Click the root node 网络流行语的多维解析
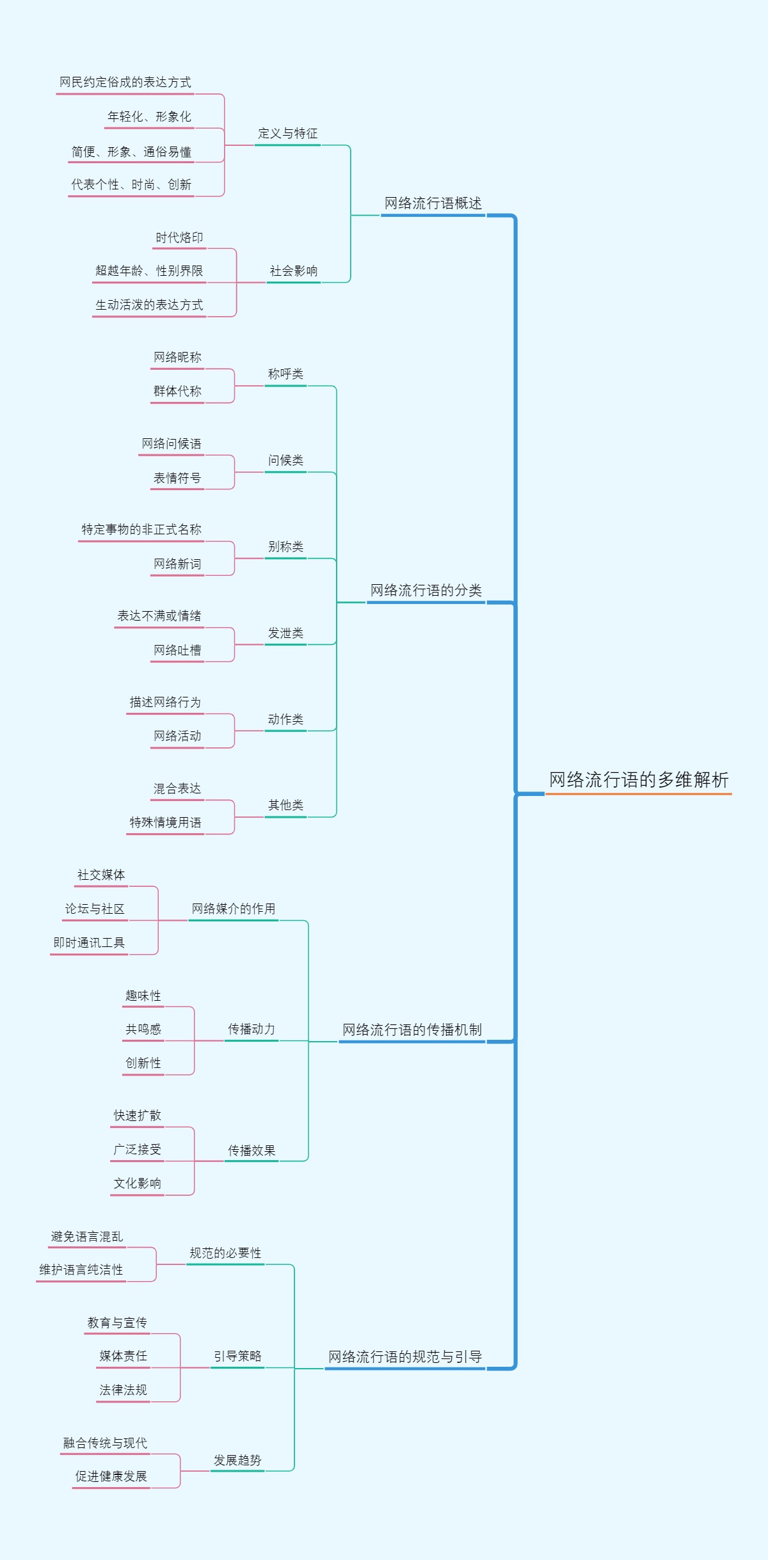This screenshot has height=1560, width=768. (638, 780)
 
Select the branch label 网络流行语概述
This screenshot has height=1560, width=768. (433, 203)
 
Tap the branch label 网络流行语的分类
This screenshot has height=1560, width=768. (426, 591)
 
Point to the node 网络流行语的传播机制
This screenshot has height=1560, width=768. (412, 1030)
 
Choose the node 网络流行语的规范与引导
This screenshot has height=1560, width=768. (404, 1357)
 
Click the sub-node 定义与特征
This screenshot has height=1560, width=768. (287, 134)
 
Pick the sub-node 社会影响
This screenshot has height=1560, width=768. (293, 271)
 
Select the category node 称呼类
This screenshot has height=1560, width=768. (285, 374)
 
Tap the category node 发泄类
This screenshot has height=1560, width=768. (285, 633)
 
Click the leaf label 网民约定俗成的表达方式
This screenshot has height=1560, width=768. (125, 83)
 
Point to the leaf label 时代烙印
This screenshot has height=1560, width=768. (179, 238)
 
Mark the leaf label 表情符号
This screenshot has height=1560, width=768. (177, 478)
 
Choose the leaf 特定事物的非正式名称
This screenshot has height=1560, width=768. (141, 530)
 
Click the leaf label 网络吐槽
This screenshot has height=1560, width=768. (177, 651)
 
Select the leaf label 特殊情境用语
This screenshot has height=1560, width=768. (165, 823)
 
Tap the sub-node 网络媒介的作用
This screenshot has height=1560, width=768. (233, 909)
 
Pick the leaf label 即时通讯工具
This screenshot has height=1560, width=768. (89, 943)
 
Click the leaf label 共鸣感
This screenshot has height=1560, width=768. (143, 1030)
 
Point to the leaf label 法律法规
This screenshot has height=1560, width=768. (123, 1390)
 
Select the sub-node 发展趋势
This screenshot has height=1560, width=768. (237, 1460)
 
